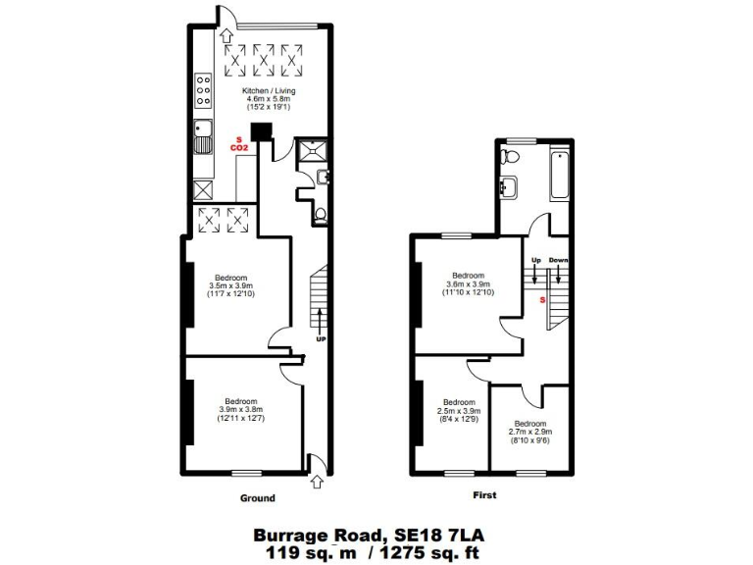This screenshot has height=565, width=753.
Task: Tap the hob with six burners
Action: pyautogui.click(x=205, y=89)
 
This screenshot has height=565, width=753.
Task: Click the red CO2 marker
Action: pyautogui.click(x=237, y=147)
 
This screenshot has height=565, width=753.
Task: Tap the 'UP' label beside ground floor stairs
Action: pyautogui.click(x=321, y=338)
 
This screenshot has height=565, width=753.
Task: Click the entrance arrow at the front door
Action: pyautogui.click(x=316, y=480)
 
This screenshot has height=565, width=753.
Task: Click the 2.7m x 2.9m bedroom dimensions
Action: pyautogui.click(x=529, y=432)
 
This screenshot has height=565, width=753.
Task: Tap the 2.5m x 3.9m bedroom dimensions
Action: pyautogui.click(x=459, y=411)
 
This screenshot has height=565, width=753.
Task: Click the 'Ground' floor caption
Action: pyautogui.click(x=258, y=498)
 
